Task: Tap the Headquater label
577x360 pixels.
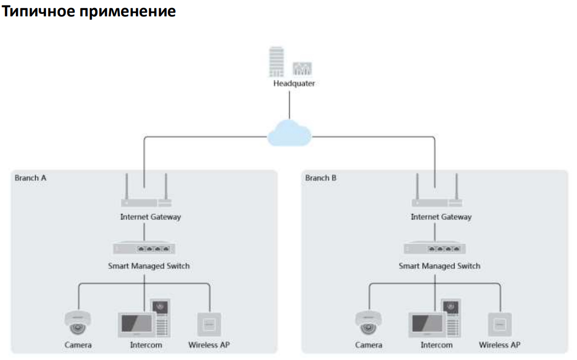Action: click(x=294, y=83)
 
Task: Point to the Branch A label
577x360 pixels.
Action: click(x=31, y=178)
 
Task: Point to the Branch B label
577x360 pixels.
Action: click(x=321, y=178)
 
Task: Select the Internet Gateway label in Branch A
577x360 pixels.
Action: click(x=150, y=217)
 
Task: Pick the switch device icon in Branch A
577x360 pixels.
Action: click(x=144, y=248)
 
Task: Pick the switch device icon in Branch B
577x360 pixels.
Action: click(x=435, y=248)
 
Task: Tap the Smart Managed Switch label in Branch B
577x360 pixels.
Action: click(x=439, y=266)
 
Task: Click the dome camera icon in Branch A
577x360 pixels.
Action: click(x=78, y=323)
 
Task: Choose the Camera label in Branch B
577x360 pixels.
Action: click(x=369, y=345)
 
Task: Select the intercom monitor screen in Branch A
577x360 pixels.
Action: click(x=135, y=324)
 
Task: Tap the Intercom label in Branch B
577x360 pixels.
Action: click(x=437, y=345)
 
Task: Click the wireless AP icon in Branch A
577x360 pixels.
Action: click(x=209, y=324)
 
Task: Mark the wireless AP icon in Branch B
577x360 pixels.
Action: click(x=500, y=324)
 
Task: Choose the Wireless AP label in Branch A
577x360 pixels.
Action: click(x=209, y=345)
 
